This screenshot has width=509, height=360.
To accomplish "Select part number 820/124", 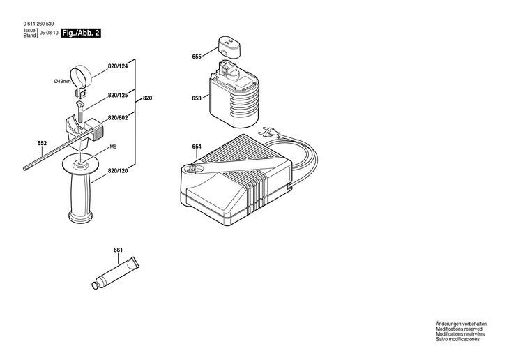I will (x=118, y=67).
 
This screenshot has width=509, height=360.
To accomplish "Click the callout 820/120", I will (x=118, y=171).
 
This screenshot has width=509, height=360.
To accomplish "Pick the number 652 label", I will (x=42, y=144).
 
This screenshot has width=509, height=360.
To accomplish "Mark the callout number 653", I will (x=197, y=98).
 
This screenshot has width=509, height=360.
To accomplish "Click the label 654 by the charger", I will (x=197, y=146).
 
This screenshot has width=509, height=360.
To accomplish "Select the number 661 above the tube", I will (x=118, y=249).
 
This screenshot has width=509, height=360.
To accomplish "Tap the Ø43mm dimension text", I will (x=62, y=82).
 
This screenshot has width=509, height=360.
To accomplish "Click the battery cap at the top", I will (x=229, y=47).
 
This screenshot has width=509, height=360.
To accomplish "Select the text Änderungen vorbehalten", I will (x=461, y=325).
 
